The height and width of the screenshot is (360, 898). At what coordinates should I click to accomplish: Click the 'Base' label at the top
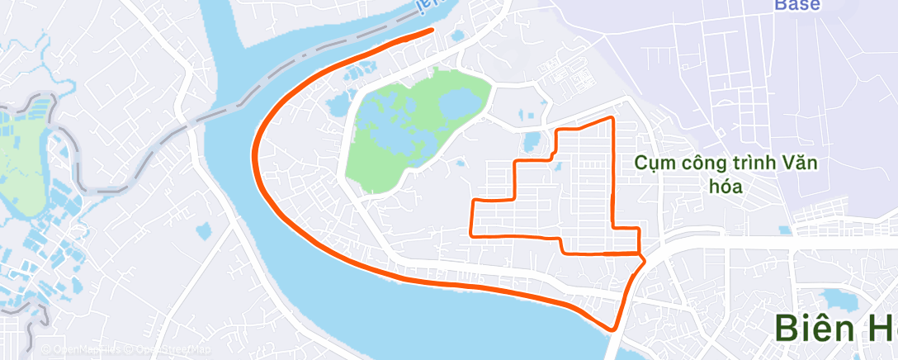point(797,5)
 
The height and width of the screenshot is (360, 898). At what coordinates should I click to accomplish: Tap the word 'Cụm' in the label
point(653,163)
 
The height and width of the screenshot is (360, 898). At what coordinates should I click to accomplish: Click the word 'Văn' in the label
point(797,163)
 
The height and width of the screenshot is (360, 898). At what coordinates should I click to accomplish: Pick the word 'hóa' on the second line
point(726,187)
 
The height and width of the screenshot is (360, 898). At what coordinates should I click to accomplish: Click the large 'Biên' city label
point(815,328)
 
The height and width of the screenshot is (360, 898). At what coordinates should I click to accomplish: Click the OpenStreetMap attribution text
point(157,350)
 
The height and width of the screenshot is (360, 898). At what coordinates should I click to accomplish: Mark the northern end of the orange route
point(432,30)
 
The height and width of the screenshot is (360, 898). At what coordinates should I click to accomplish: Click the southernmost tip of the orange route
point(613,329)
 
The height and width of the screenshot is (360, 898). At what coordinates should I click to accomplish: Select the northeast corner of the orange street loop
point(612,119)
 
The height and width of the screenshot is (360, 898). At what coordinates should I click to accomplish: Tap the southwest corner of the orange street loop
point(471,234)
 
